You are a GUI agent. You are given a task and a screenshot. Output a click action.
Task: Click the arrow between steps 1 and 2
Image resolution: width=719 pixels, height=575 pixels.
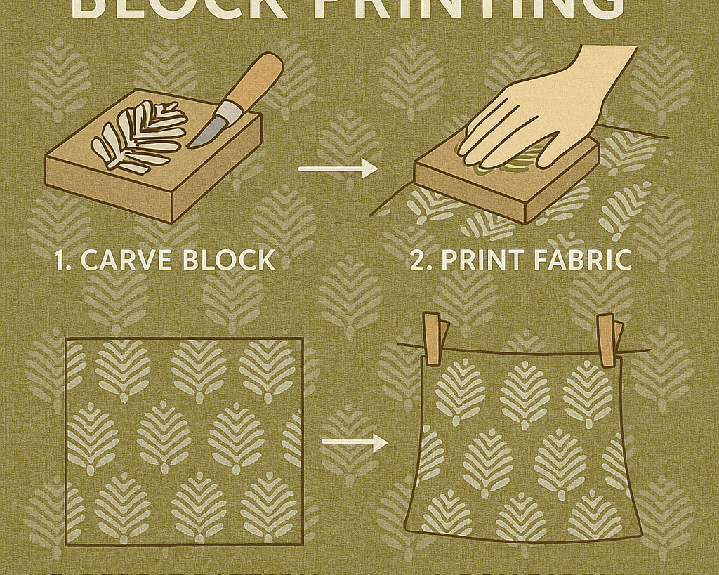point(337,168)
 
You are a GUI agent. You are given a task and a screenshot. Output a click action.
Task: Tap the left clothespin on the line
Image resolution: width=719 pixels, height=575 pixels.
point(433,339)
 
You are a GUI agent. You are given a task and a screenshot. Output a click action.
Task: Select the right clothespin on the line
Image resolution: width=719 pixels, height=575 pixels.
point(607,339)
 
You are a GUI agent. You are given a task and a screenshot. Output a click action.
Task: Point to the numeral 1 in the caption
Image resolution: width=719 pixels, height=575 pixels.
point(62,260)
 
